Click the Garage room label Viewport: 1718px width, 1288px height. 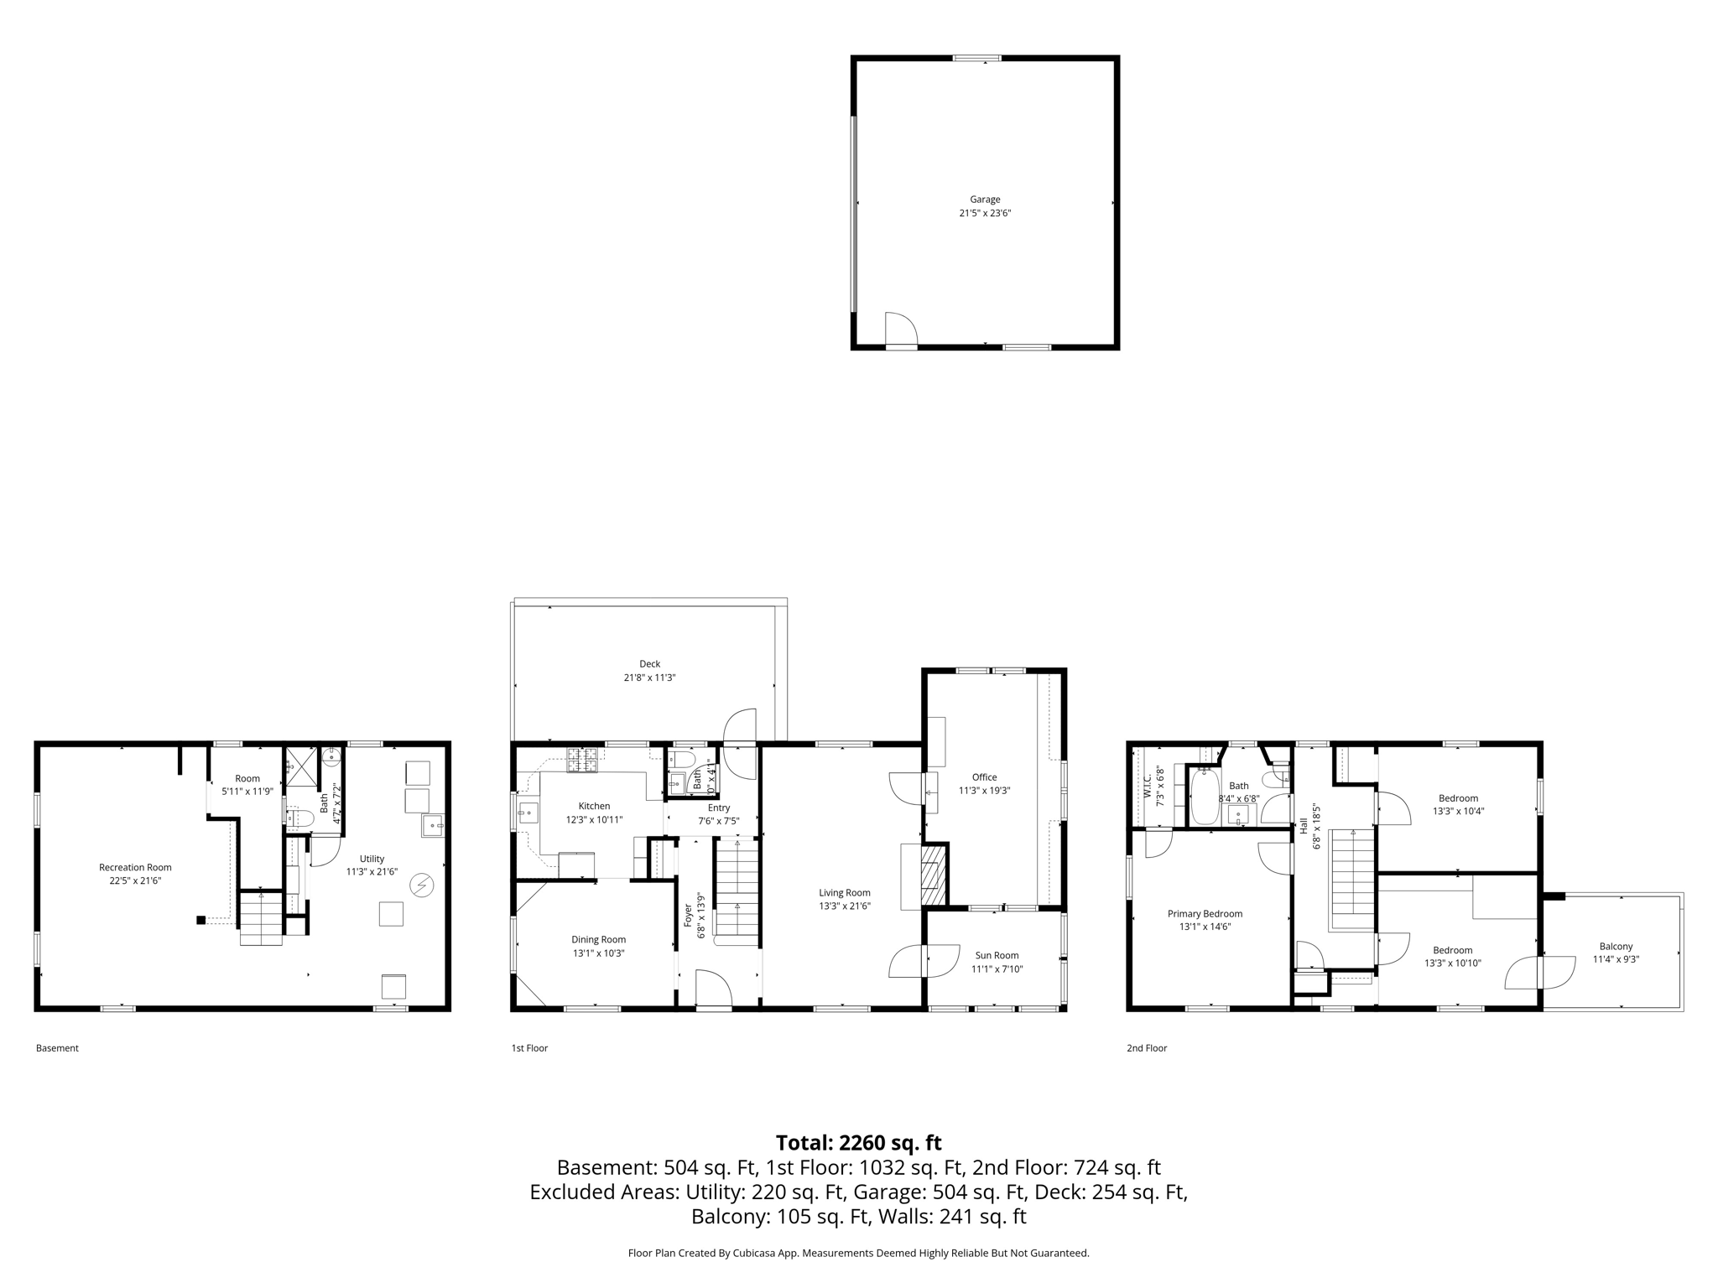click(985, 200)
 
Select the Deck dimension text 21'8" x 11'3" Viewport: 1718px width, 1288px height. click(649, 678)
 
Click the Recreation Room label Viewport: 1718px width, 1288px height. click(135, 867)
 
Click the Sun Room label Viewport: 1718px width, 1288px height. click(997, 955)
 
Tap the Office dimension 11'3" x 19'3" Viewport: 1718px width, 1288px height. click(984, 790)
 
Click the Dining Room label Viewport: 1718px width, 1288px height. click(598, 939)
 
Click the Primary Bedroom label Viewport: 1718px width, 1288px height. click(1205, 913)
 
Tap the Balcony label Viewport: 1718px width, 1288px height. click(1616, 946)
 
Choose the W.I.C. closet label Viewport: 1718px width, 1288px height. click(1148, 785)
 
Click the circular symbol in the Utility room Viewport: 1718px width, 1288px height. click(421, 885)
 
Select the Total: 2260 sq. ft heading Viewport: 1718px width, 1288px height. click(858, 1142)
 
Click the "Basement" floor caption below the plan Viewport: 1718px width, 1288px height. click(57, 1048)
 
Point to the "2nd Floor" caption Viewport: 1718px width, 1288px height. click(1146, 1048)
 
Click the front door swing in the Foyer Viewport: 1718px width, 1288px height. click(713, 989)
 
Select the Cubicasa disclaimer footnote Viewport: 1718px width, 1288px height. click(858, 1253)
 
